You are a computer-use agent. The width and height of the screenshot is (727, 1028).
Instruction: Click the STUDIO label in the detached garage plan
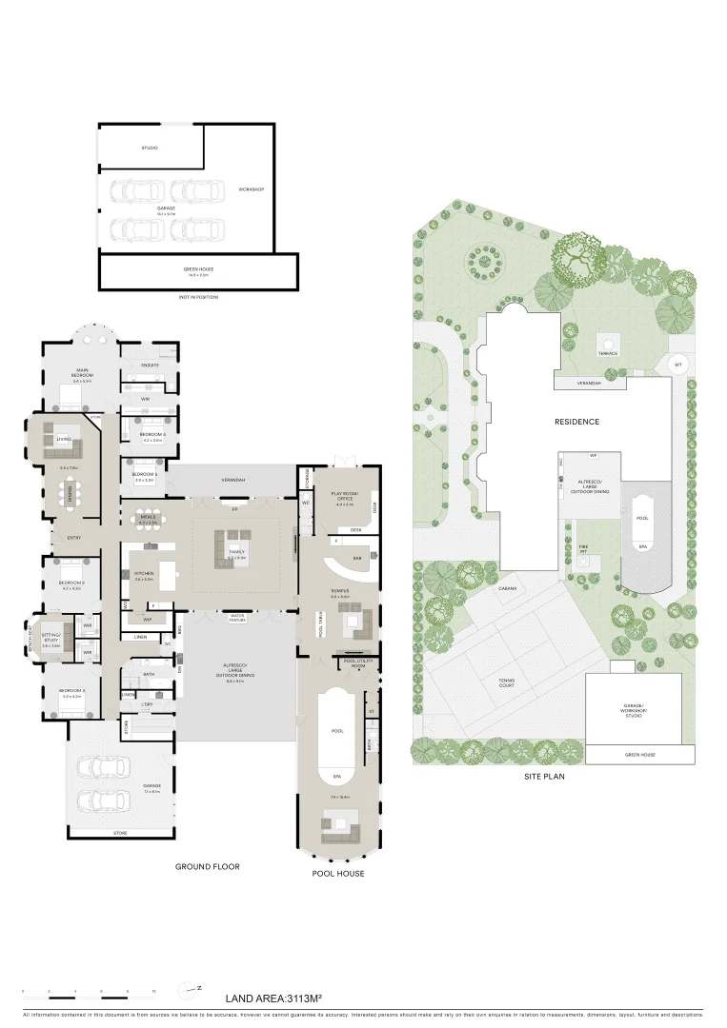150,148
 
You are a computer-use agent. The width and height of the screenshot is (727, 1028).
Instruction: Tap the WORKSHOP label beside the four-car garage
252,189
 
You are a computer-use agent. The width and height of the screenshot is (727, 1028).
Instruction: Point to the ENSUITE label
151,365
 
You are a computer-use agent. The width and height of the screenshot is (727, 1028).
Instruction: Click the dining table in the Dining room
69,493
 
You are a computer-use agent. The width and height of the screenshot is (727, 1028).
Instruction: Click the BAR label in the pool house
357,558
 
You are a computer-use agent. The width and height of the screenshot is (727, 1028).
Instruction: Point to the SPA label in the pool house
335,775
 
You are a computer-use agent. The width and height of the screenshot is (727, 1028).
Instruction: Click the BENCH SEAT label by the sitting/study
30,639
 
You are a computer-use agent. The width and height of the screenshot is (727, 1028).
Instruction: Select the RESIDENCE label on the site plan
578,421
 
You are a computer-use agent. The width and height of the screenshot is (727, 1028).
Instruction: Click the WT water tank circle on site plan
677,365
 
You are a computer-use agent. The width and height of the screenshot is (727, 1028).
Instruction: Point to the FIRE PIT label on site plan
584,548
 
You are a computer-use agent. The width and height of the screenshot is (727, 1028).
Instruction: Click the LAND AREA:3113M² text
273,998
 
